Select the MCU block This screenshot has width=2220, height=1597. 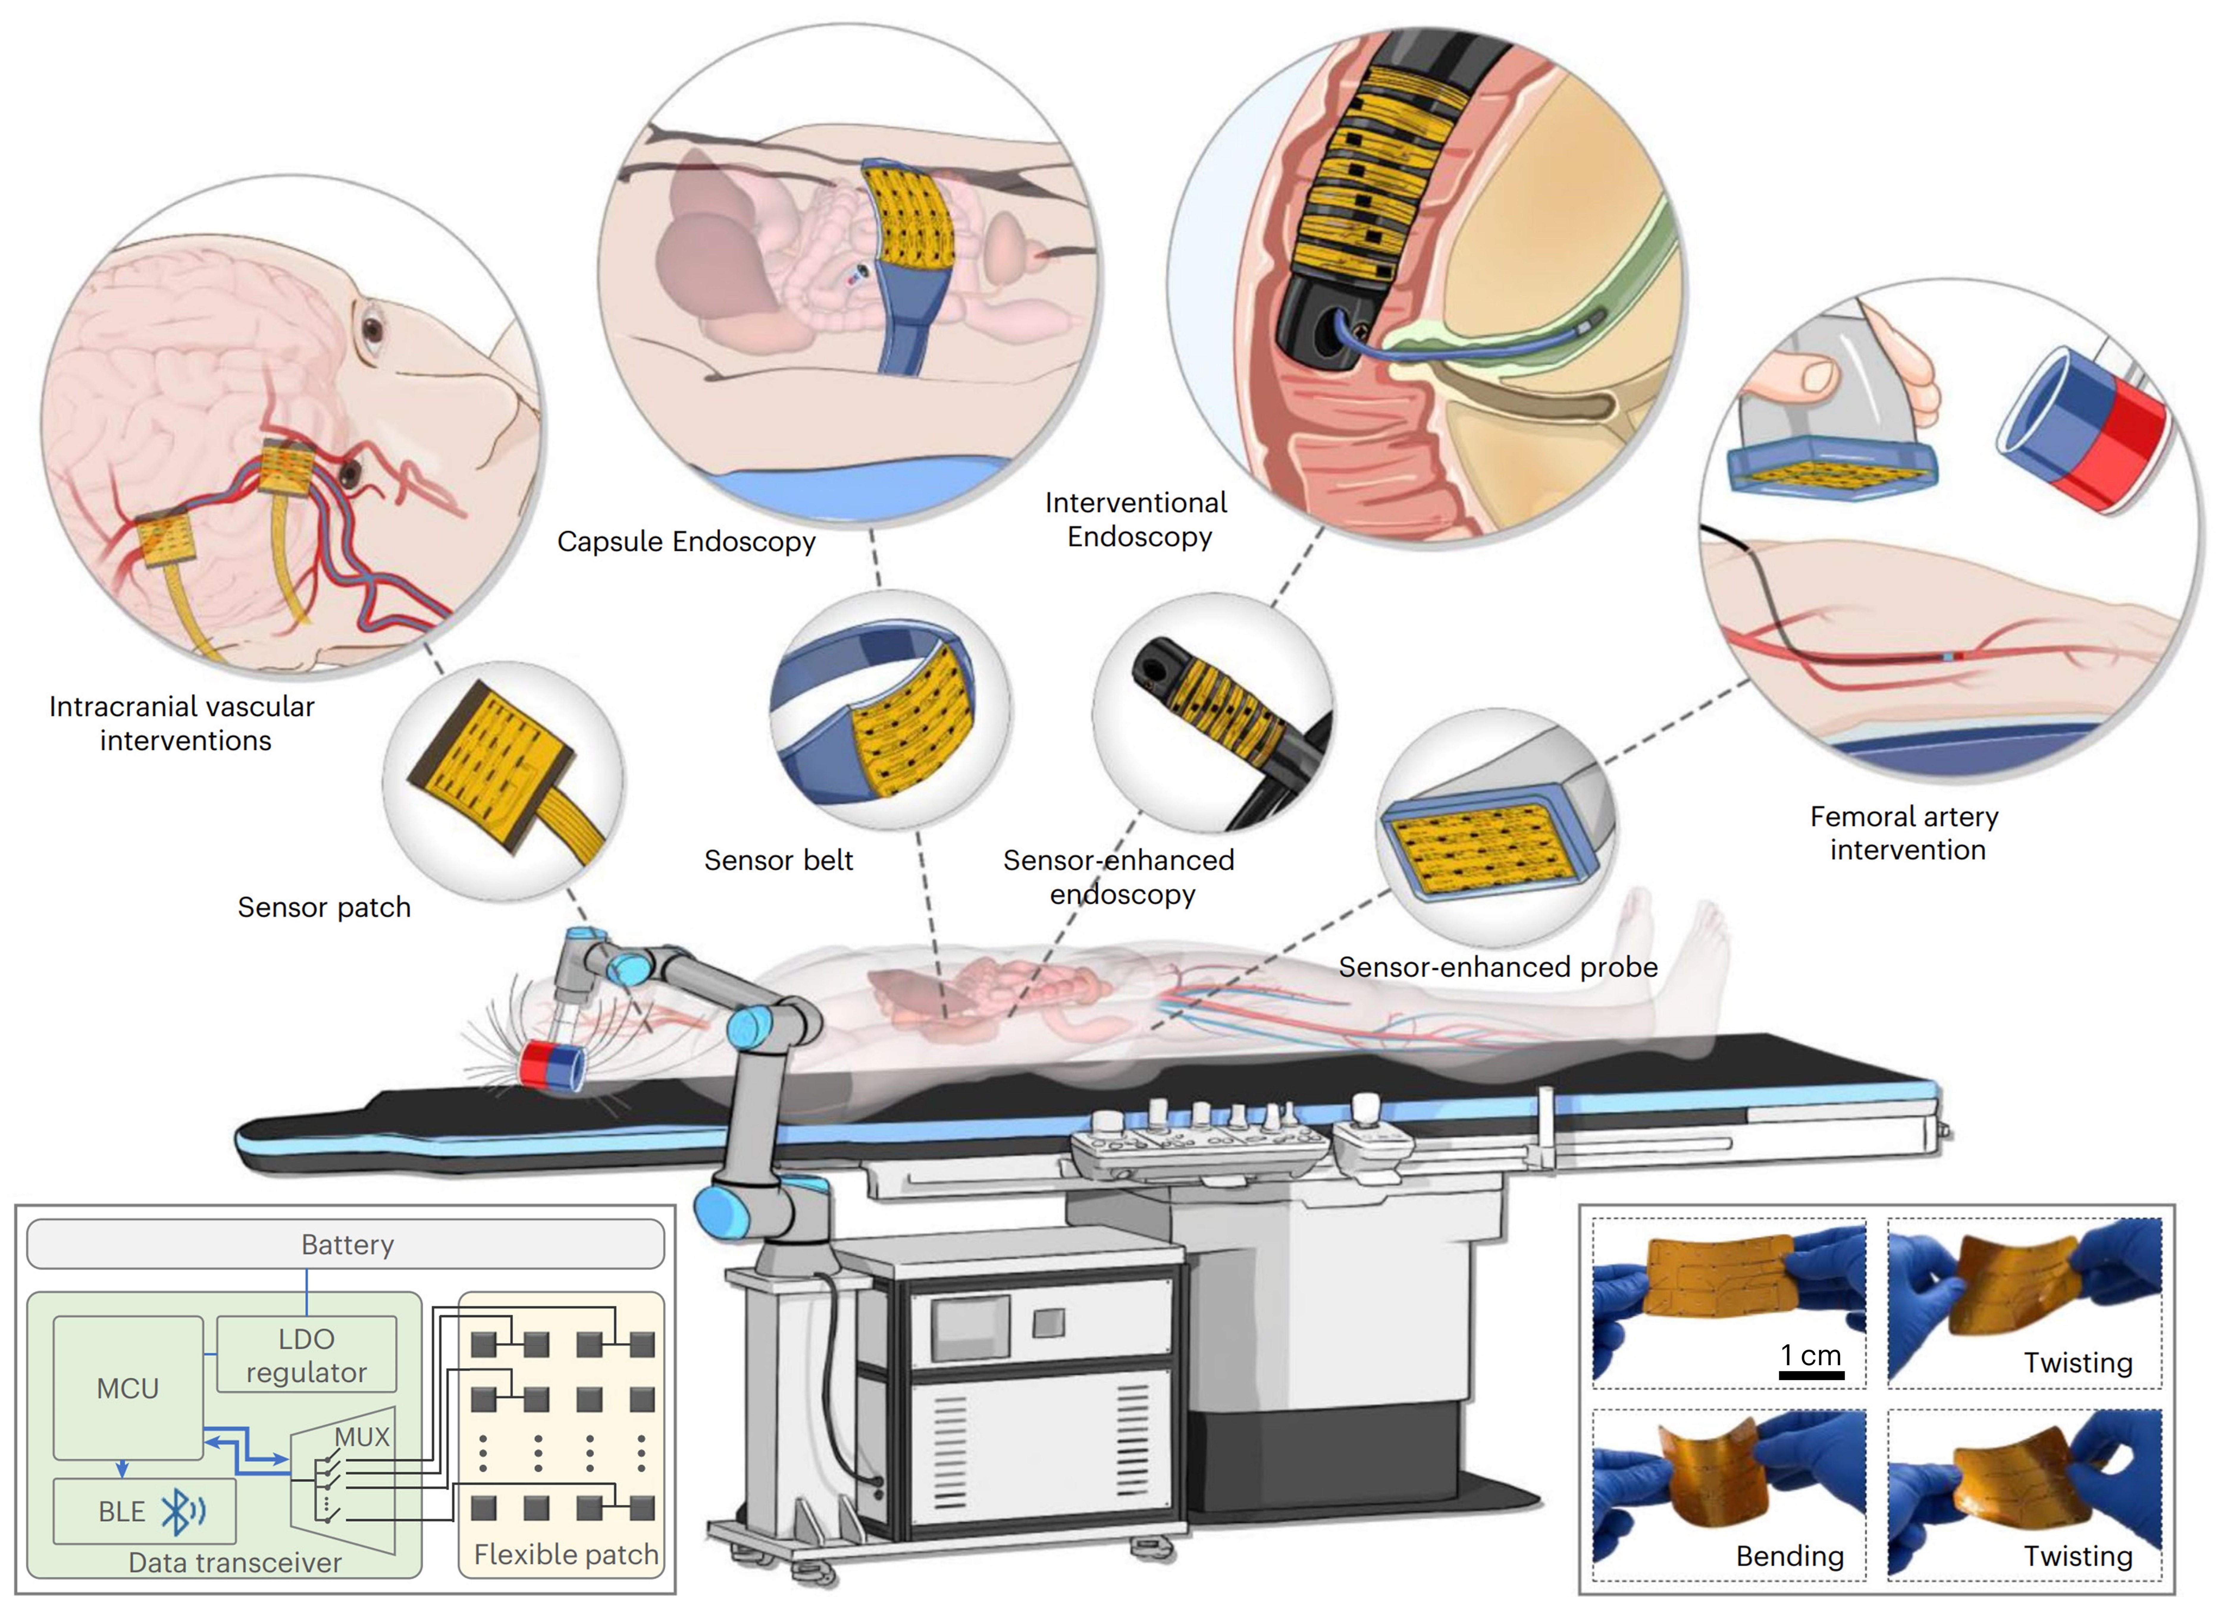click(127, 1388)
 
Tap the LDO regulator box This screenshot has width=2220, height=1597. click(306, 1355)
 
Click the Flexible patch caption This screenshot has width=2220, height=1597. click(566, 1554)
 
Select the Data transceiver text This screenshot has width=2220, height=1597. click(235, 1563)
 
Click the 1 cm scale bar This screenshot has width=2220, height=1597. click(1811, 1375)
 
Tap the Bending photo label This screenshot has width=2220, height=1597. click(1789, 1556)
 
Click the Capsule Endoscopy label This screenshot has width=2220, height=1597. click(686, 541)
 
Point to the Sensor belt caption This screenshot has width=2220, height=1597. click(778, 860)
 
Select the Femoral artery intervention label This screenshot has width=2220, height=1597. click(1905, 833)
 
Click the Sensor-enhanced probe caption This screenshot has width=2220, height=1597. click(1498, 967)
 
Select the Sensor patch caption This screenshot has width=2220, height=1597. click(324, 907)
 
